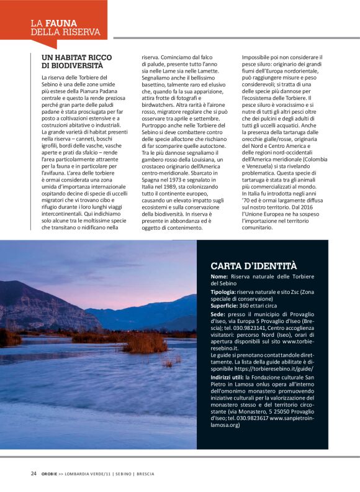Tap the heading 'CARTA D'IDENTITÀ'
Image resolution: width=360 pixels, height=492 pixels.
coord(253,266)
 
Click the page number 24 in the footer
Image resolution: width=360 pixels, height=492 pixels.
coord(34,473)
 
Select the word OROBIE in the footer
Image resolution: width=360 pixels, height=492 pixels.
coord(50,473)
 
